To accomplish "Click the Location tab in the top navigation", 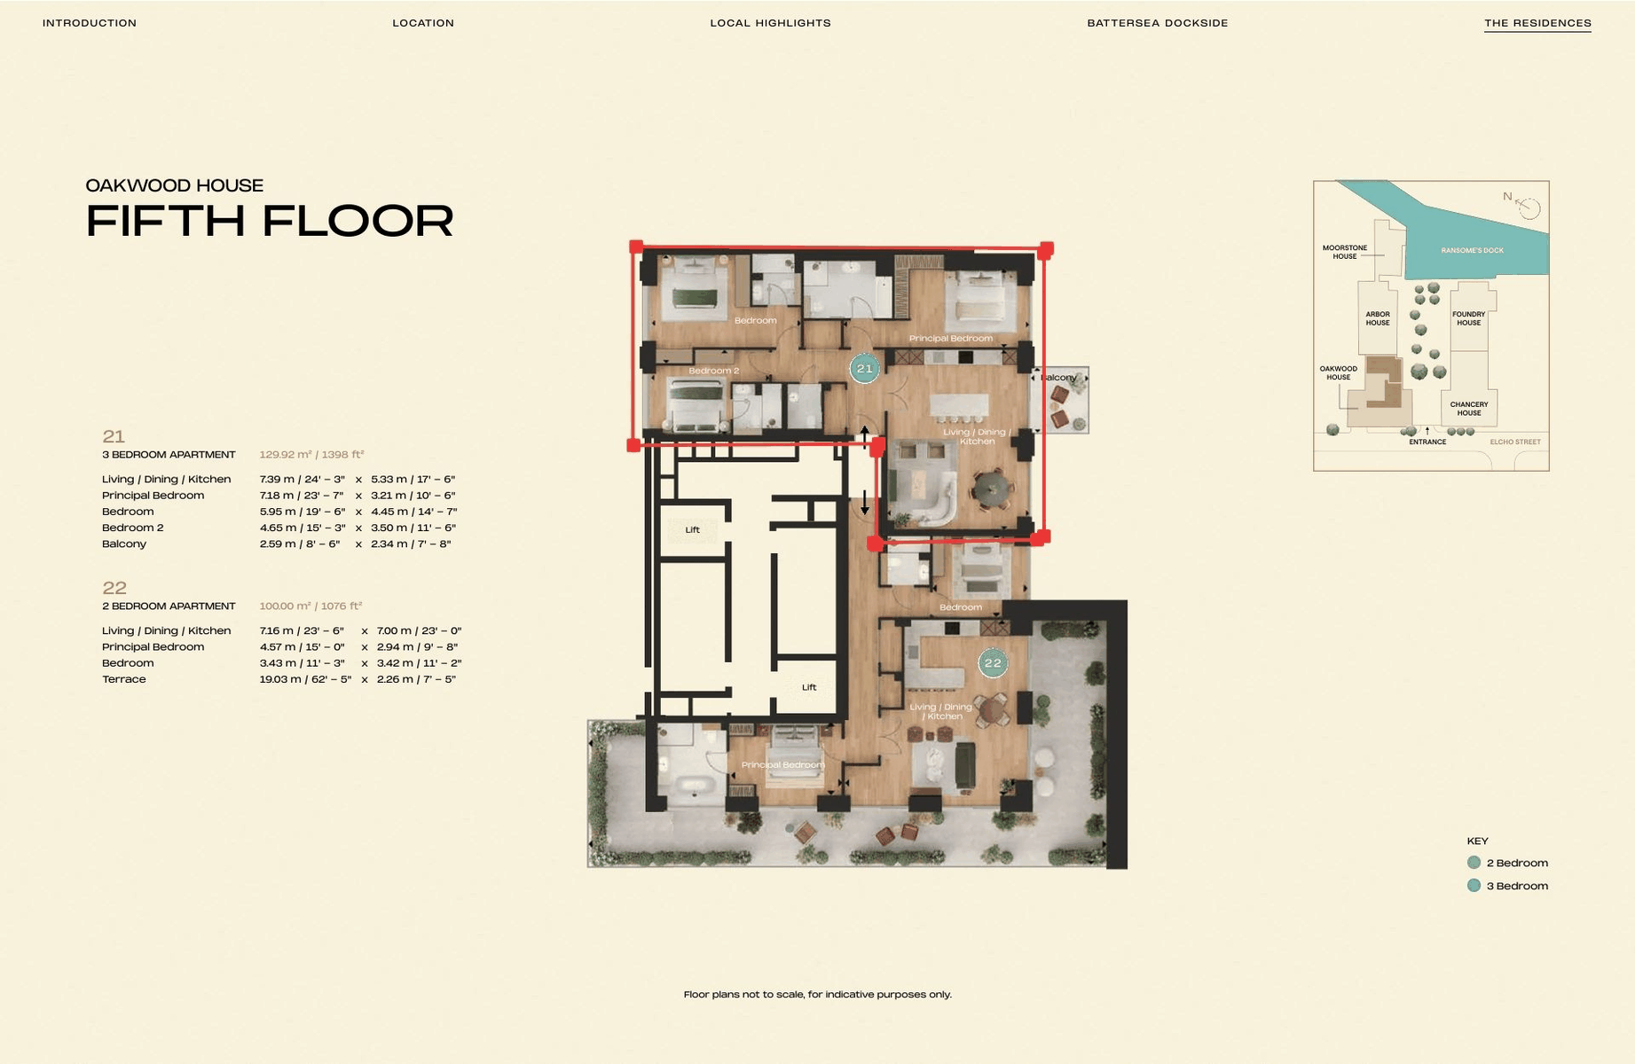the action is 423,23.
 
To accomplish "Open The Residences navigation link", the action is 1537,23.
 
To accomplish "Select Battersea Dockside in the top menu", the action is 1158,23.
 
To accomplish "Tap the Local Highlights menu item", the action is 770,23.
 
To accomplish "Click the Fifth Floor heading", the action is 270,221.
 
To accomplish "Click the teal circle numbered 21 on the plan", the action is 864,368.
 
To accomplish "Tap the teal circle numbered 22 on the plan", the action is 993,663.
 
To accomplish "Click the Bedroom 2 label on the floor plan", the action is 713,371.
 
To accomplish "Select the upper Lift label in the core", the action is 692,530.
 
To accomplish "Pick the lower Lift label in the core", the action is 809,687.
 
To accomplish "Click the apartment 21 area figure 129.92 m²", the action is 311,455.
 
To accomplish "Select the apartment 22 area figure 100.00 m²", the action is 310,606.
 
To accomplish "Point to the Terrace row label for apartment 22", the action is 124,679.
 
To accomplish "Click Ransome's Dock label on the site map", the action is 1473,251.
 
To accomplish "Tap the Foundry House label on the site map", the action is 1468,318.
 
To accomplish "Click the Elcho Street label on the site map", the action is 1515,442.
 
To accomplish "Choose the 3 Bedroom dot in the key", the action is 1474,885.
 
